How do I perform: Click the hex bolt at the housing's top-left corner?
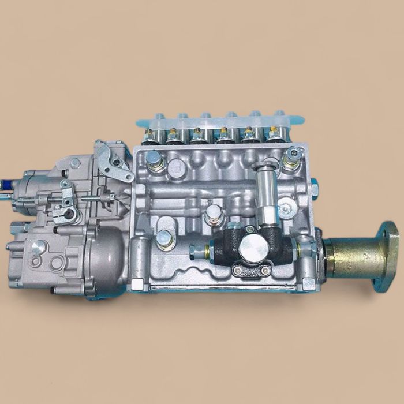click(x=153, y=157)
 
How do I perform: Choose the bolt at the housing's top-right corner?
click(x=294, y=154)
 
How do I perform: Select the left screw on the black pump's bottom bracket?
click(x=238, y=269)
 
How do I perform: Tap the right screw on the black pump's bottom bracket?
click(x=265, y=270)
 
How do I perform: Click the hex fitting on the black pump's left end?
click(x=198, y=250)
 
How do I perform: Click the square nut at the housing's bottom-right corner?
click(x=308, y=283)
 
